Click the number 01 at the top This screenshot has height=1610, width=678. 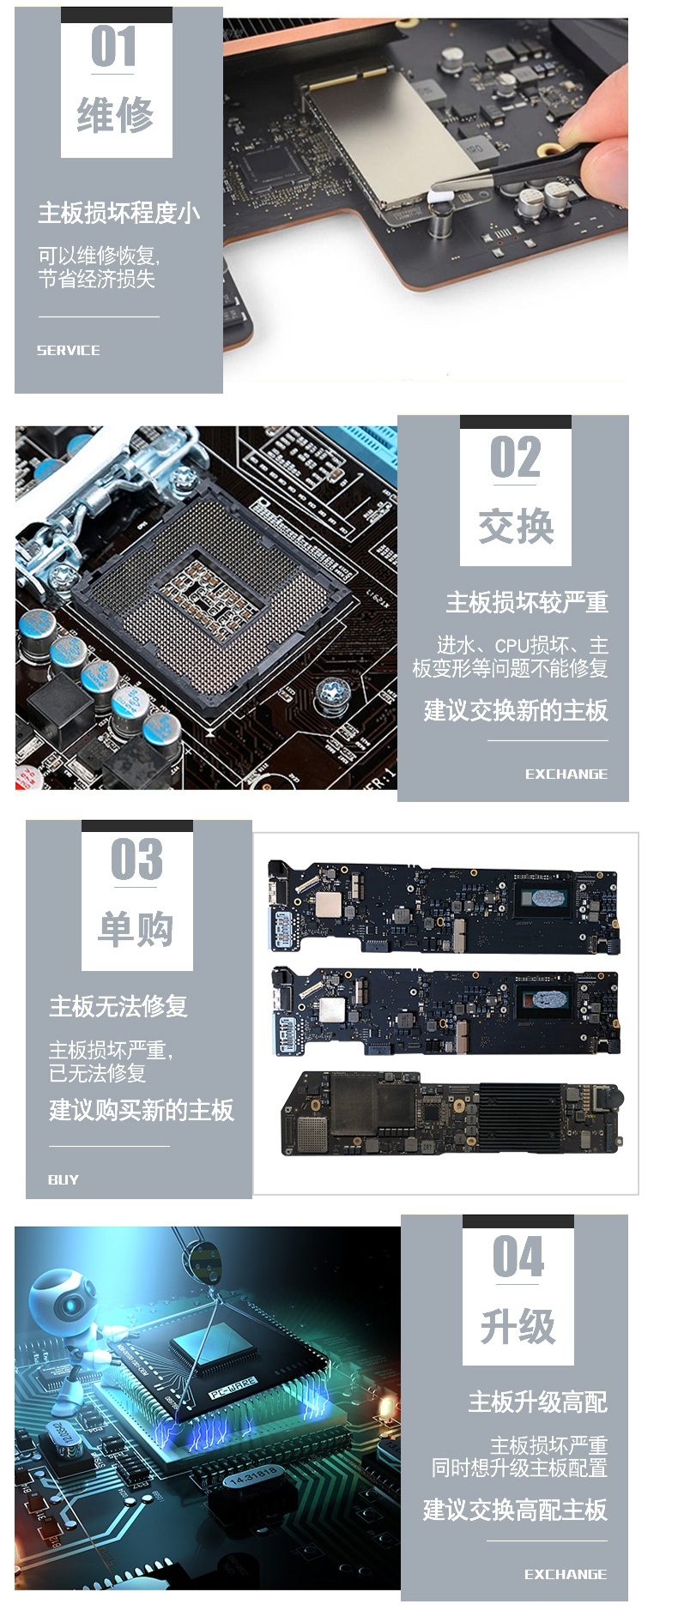click(x=114, y=46)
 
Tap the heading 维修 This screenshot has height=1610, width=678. click(x=116, y=115)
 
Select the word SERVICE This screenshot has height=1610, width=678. click(x=69, y=350)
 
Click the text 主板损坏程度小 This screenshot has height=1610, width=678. click(x=119, y=213)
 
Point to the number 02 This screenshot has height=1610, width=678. click(x=516, y=457)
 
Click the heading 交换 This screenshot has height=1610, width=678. click(x=516, y=526)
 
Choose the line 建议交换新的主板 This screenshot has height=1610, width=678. click(x=516, y=710)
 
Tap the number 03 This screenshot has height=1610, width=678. click(x=136, y=859)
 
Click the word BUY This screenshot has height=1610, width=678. click(x=64, y=1179)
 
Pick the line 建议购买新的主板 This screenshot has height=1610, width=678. click(x=142, y=1110)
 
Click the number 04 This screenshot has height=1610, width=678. click(x=518, y=1257)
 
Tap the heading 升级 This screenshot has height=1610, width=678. click(x=518, y=1326)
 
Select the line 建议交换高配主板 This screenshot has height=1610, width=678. click(x=515, y=1510)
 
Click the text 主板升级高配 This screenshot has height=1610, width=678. click(x=537, y=1402)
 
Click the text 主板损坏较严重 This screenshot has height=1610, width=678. click(x=527, y=603)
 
